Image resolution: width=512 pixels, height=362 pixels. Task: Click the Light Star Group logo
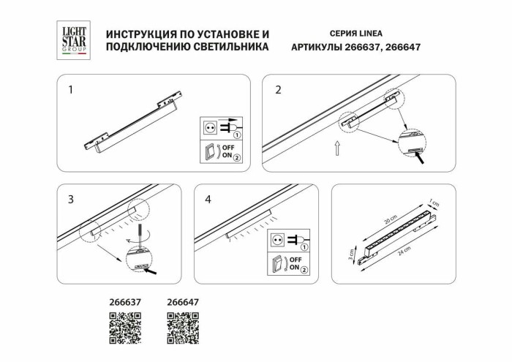pos(73,39)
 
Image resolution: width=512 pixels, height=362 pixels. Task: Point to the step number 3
pos(70,199)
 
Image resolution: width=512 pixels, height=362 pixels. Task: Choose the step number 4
pos(208,199)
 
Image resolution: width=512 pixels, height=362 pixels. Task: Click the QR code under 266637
pos(124,328)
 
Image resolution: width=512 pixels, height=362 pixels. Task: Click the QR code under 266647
pos(183,328)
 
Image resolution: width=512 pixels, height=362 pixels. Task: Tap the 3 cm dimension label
pos(350,254)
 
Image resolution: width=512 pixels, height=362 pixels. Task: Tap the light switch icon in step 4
pos(279,264)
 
